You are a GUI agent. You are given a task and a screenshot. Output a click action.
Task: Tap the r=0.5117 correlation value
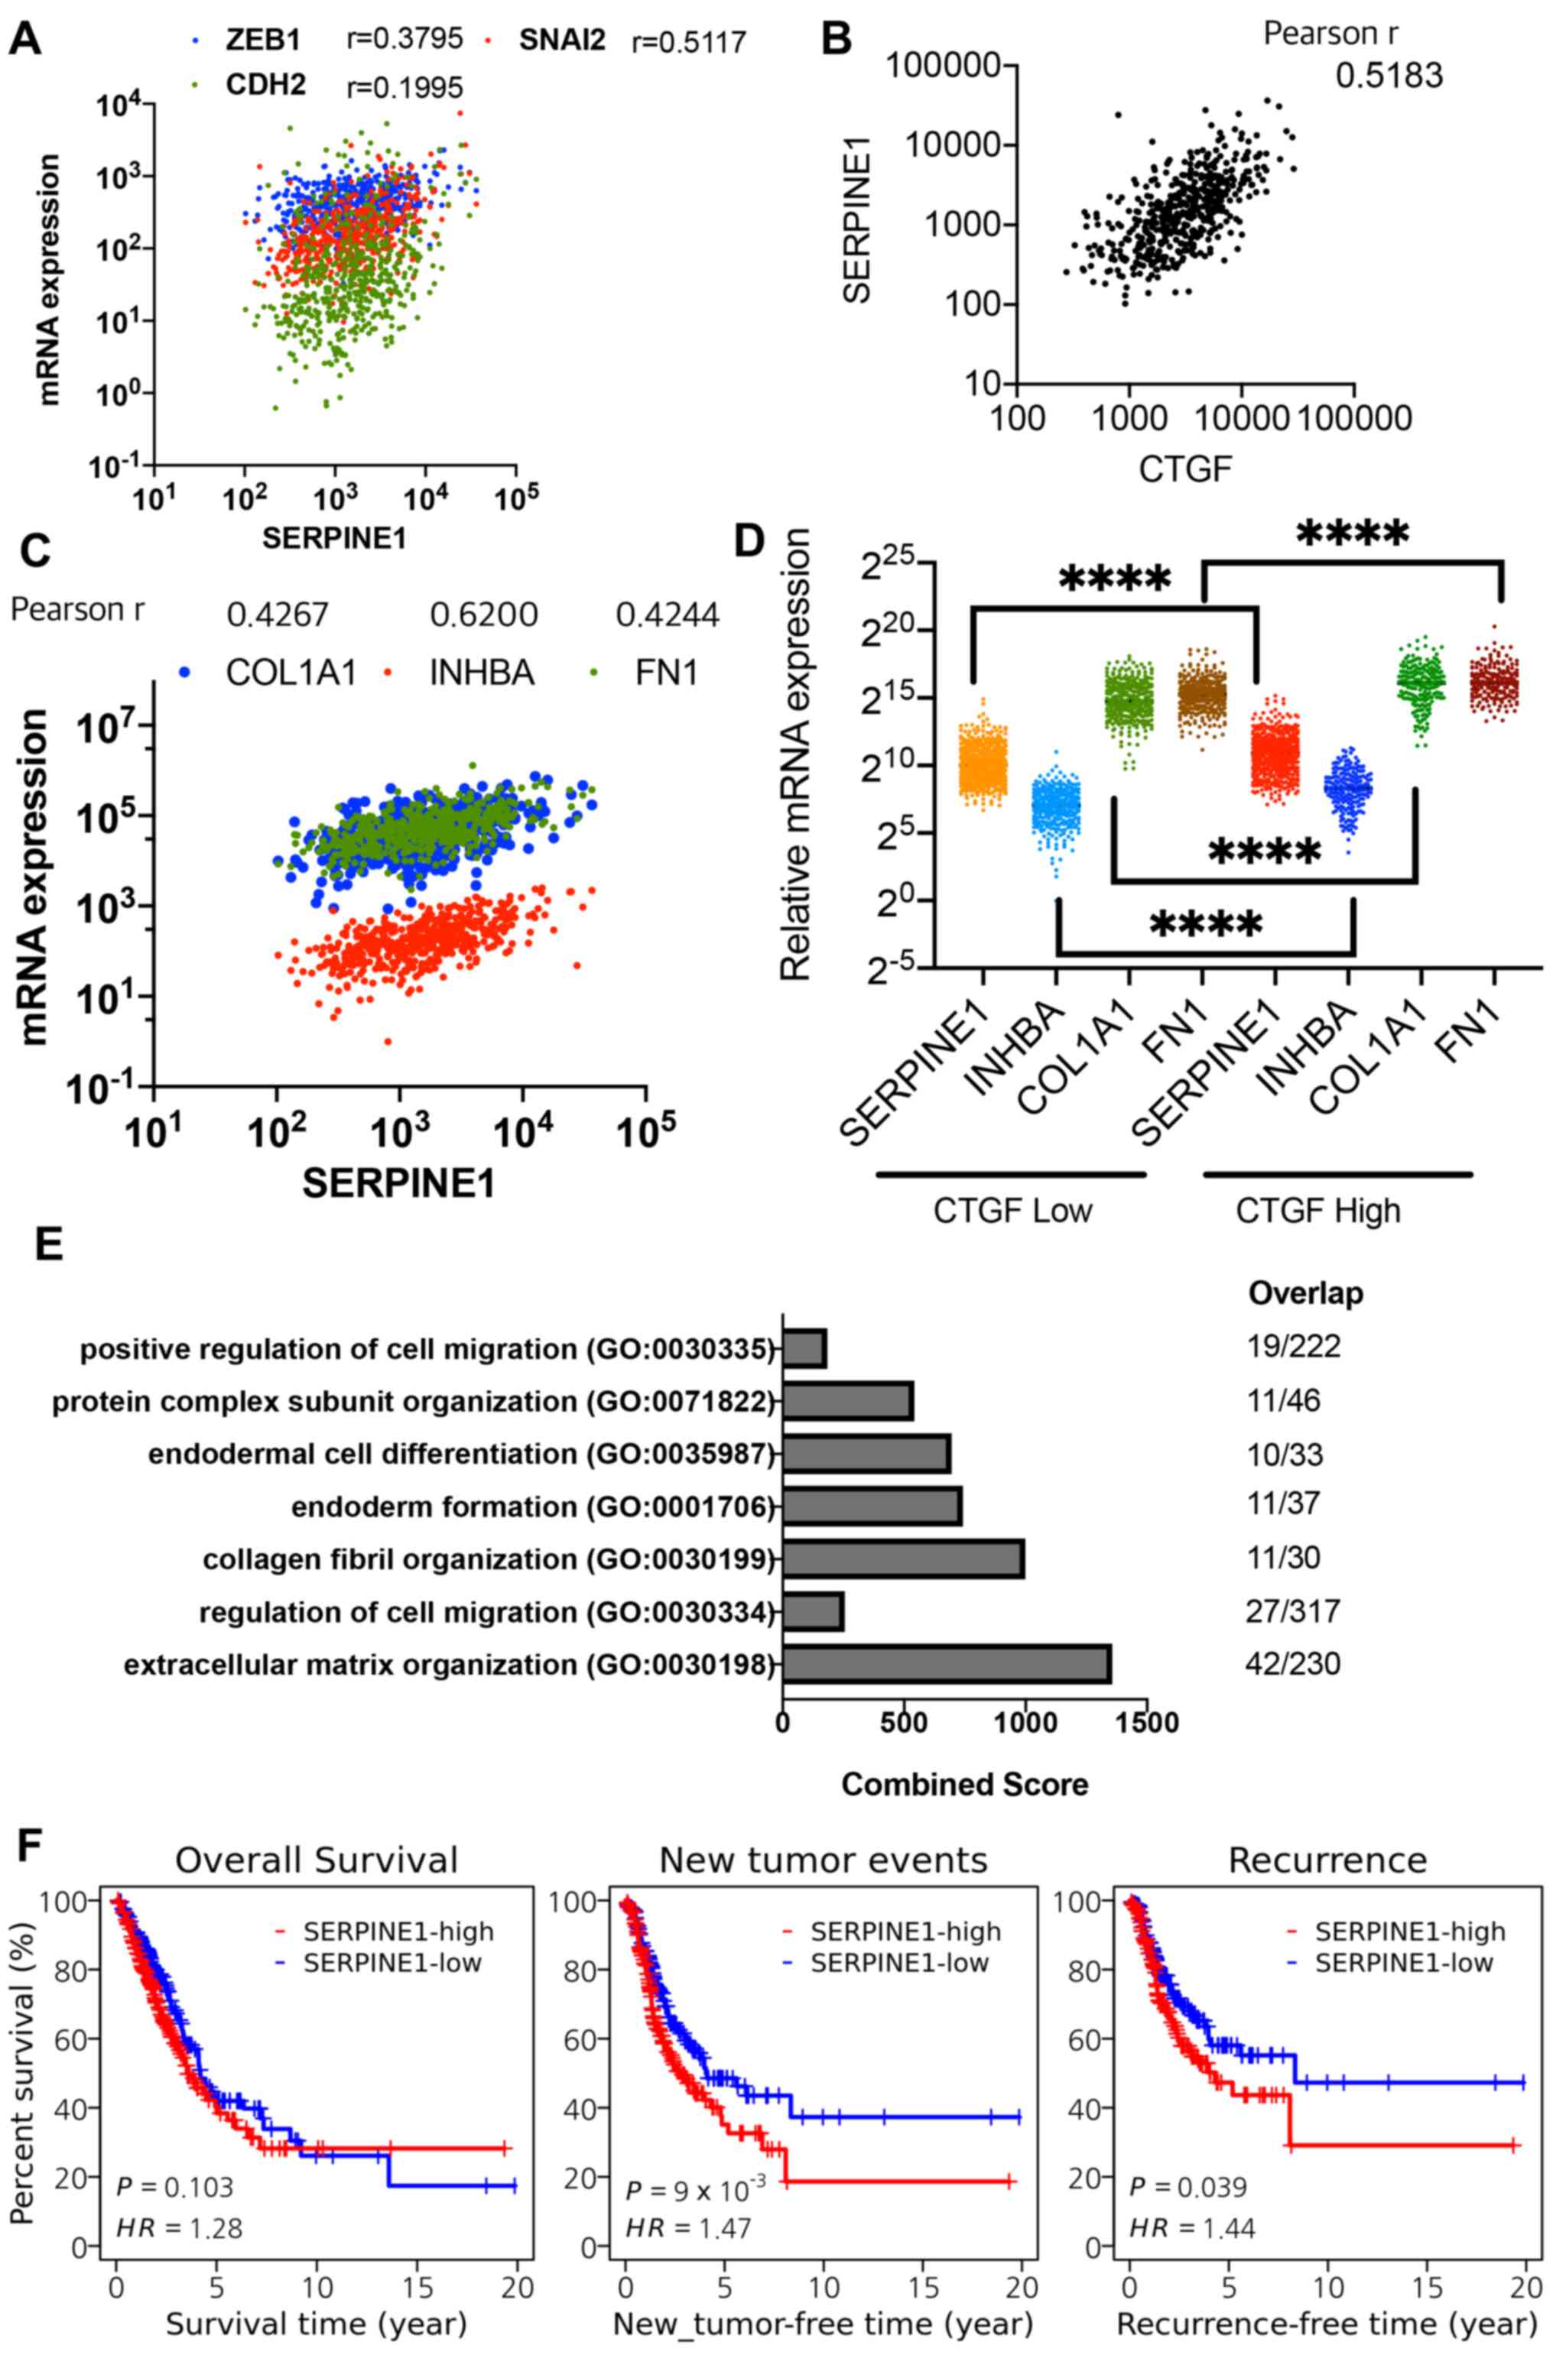(x=687, y=43)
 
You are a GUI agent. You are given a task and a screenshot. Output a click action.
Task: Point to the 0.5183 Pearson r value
(x=1389, y=76)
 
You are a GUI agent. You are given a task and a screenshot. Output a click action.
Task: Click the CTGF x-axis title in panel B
(x=1185, y=468)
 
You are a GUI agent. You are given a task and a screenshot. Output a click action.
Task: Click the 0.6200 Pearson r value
(x=484, y=615)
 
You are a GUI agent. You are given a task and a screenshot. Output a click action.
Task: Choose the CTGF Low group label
(x=1012, y=1210)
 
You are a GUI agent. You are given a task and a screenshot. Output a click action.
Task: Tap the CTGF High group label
(x=1318, y=1210)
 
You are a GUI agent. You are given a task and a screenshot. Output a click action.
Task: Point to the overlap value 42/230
(x=1291, y=1663)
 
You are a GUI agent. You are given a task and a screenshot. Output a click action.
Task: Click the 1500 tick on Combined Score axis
(x=1145, y=1722)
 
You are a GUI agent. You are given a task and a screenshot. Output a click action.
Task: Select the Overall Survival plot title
(x=317, y=1860)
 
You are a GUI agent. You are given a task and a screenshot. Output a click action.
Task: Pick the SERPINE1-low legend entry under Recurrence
(x=1403, y=1936)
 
